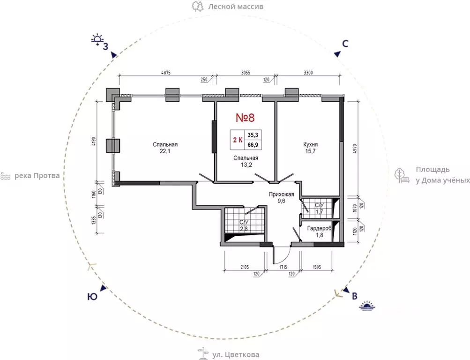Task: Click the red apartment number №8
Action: point(245,118)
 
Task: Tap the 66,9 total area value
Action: point(253,145)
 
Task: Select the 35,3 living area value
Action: point(253,135)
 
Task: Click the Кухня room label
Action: point(311,144)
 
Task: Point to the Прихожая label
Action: point(281,194)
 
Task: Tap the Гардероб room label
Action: point(319,228)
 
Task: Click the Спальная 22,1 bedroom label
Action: point(165,148)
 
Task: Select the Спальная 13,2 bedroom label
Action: point(246,161)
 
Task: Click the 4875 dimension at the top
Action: point(166,73)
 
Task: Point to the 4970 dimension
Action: point(355,149)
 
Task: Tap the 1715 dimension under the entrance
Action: point(283,267)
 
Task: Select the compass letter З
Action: point(105,47)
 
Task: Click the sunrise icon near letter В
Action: point(367,306)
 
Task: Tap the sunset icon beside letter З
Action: point(97,39)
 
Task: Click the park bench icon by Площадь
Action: point(402,175)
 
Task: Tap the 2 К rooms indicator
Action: point(238,140)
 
